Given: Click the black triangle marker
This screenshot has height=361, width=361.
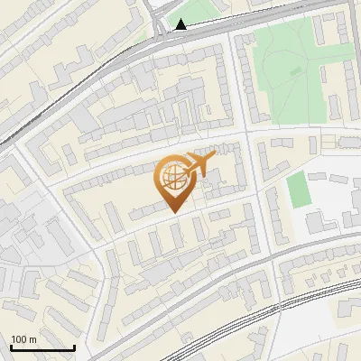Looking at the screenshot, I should point(181,24).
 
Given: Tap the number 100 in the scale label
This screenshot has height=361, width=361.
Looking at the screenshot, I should point(20,339).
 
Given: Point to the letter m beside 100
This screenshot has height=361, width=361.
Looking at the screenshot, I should point(32,339).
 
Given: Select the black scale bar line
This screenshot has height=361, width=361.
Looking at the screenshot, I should point(42,347).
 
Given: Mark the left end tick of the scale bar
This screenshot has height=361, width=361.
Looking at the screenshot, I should point(12,347).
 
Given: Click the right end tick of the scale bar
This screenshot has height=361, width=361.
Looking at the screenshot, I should point(74,347).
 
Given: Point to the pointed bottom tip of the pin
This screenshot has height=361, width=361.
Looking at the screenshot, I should point(172,213).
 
